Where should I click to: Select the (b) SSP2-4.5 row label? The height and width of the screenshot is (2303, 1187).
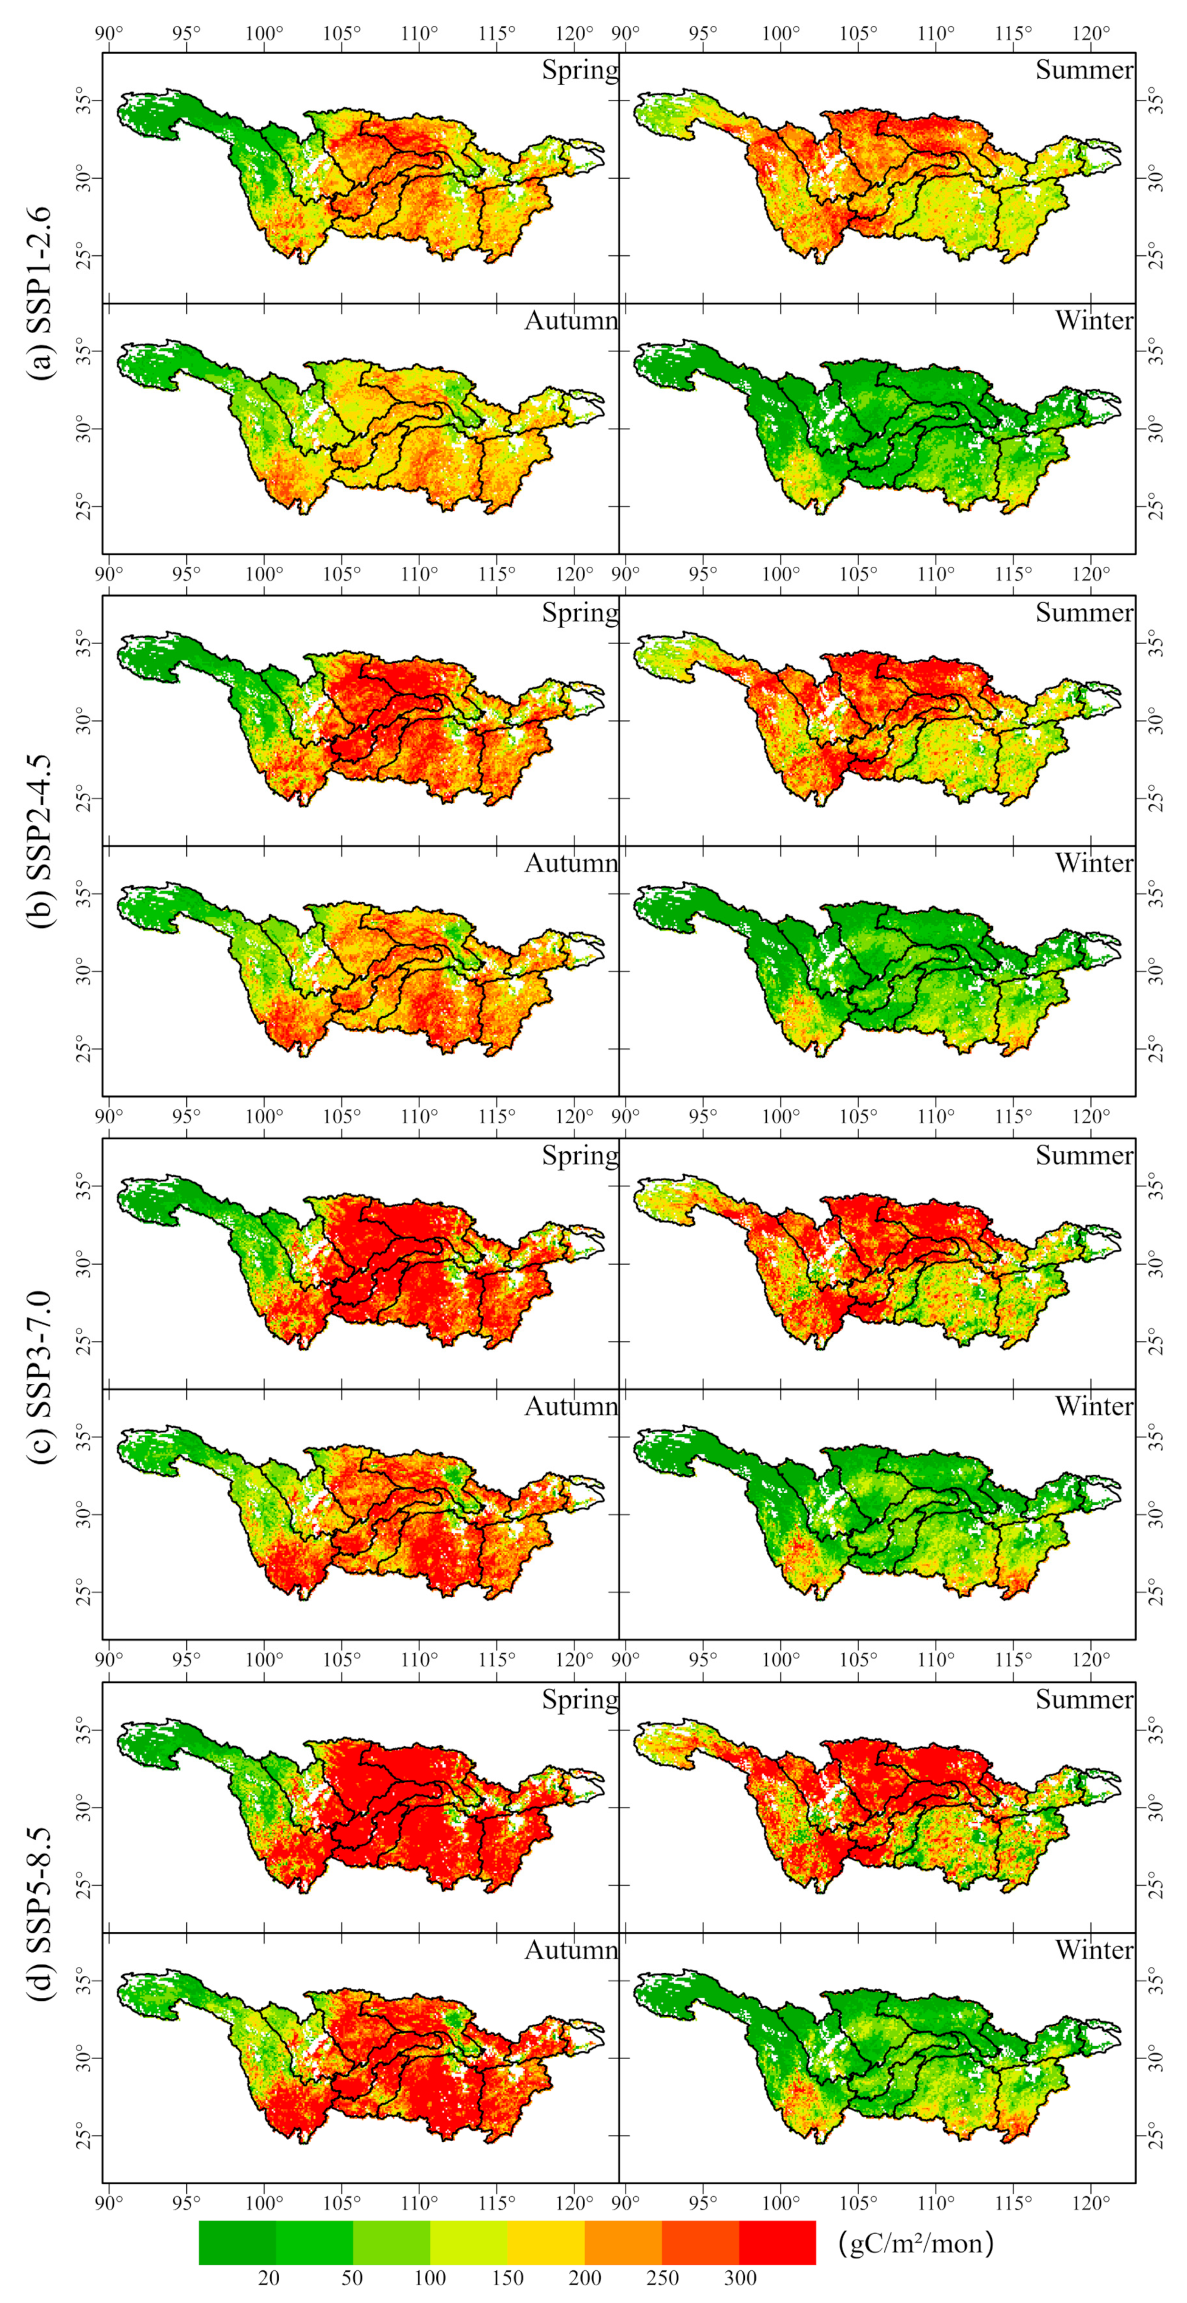tap(41, 840)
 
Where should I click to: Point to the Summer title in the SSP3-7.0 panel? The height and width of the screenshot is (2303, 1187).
tap(1084, 1156)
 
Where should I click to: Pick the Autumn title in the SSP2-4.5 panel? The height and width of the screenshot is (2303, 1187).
tap(571, 864)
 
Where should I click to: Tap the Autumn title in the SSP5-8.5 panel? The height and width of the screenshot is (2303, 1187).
tap(571, 1950)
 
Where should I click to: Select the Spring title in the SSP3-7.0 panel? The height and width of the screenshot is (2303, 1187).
tap(580, 1156)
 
